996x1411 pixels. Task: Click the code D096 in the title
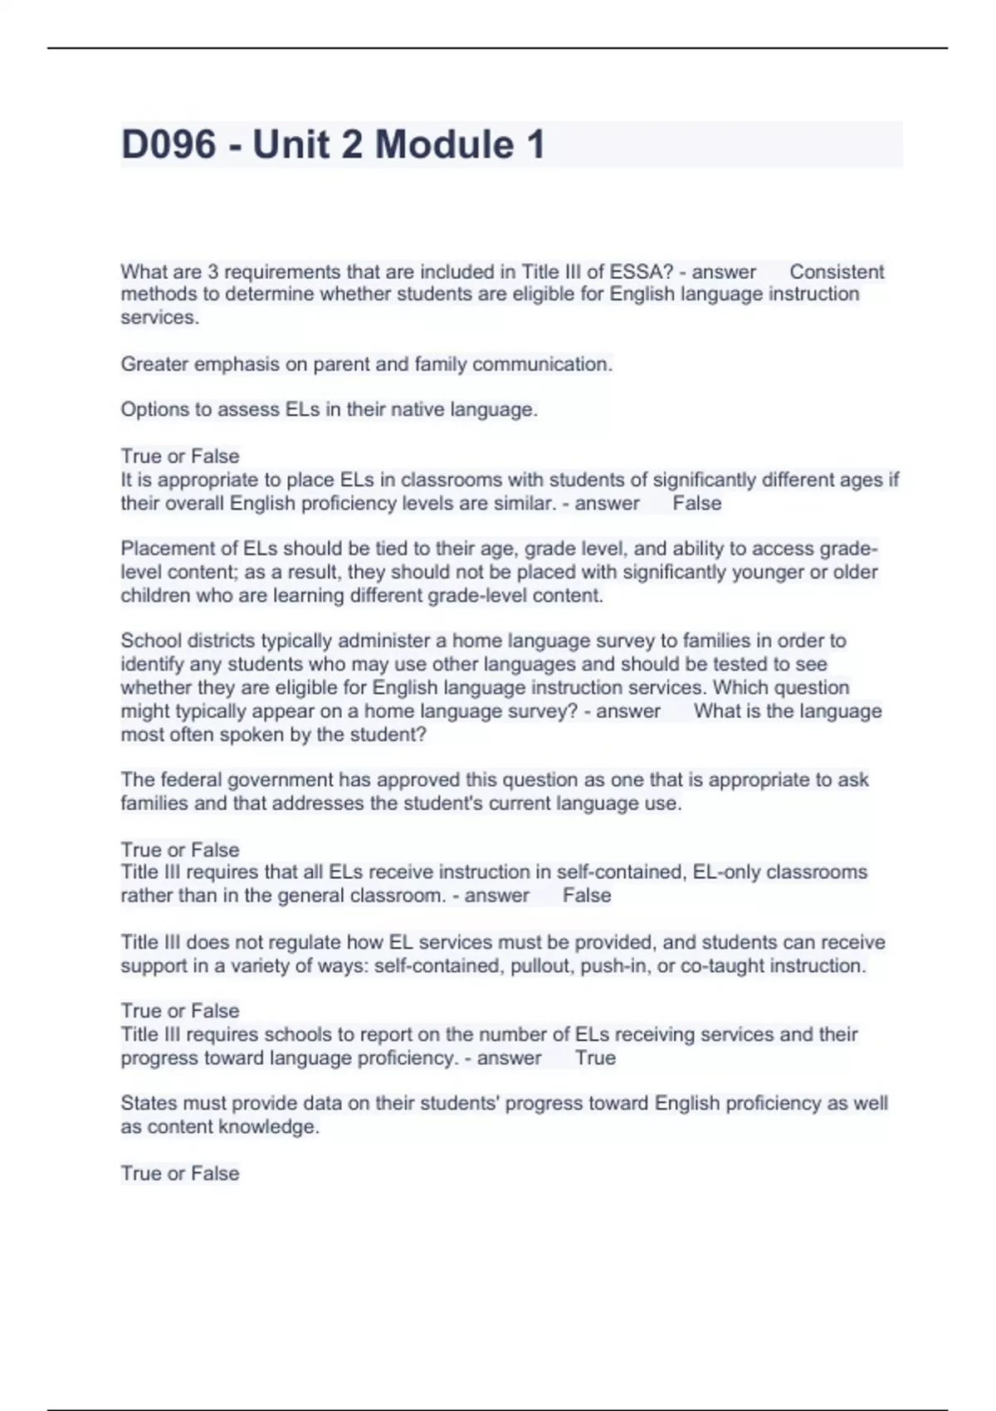(168, 144)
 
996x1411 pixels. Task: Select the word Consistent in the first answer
(837, 271)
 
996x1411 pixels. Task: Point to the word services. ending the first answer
(159, 317)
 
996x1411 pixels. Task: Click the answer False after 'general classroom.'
(587, 896)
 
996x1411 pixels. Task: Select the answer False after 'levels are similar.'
(697, 503)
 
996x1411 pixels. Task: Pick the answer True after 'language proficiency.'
(595, 1058)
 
